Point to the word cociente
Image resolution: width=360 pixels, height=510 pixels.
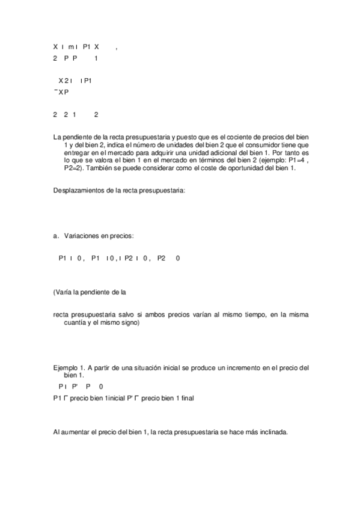coord(248,137)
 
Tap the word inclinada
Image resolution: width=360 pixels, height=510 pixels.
coord(272,431)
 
